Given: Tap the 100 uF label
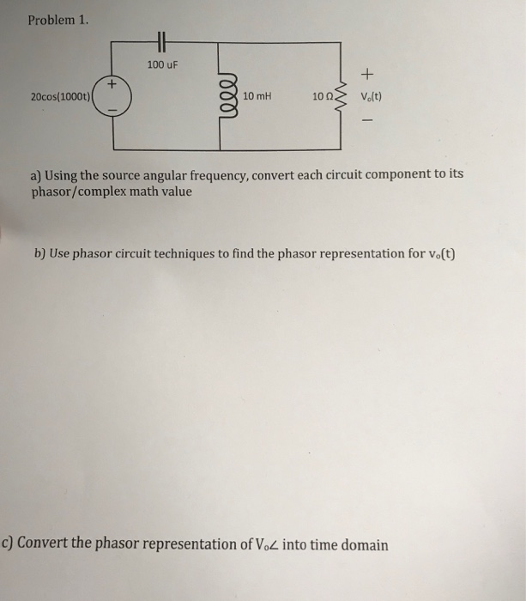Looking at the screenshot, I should pyautogui.click(x=160, y=64).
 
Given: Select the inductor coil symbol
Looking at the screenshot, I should pyautogui.click(x=227, y=96).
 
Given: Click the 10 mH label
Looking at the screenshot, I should pyautogui.click(x=257, y=96).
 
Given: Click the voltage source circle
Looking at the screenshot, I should pyautogui.click(x=113, y=96).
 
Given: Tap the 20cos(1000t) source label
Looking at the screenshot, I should pyautogui.click(x=61, y=96).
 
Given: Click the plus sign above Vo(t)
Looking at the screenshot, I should pyautogui.click(x=371, y=74).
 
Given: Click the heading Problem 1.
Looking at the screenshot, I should pyautogui.click(x=57, y=20).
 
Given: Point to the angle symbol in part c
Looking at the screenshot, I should pyautogui.click(x=270, y=545).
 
